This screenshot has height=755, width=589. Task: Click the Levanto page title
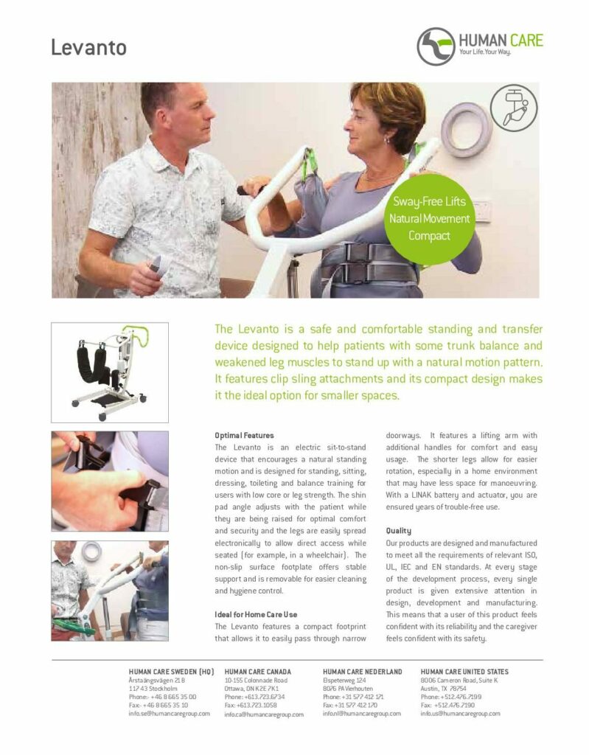(x=88, y=47)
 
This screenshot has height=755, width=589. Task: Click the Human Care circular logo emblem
(x=436, y=46)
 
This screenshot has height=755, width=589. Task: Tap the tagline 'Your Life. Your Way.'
(x=484, y=52)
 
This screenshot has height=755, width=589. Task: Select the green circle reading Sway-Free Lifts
(x=429, y=219)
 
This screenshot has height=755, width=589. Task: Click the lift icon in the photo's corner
(x=514, y=108)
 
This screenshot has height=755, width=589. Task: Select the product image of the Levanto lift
(x=110, y=372)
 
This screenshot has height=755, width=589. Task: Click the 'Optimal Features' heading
(x=244, y=435)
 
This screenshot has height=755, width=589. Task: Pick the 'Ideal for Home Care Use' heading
(x=256, y=614)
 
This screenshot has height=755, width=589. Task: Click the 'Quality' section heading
(x=398, y=531)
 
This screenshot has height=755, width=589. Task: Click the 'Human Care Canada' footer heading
(x=258, y=671)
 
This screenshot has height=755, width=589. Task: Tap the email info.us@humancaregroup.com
(x=461, y=714)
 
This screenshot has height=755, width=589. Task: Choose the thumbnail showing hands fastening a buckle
(x=110, y=481)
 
